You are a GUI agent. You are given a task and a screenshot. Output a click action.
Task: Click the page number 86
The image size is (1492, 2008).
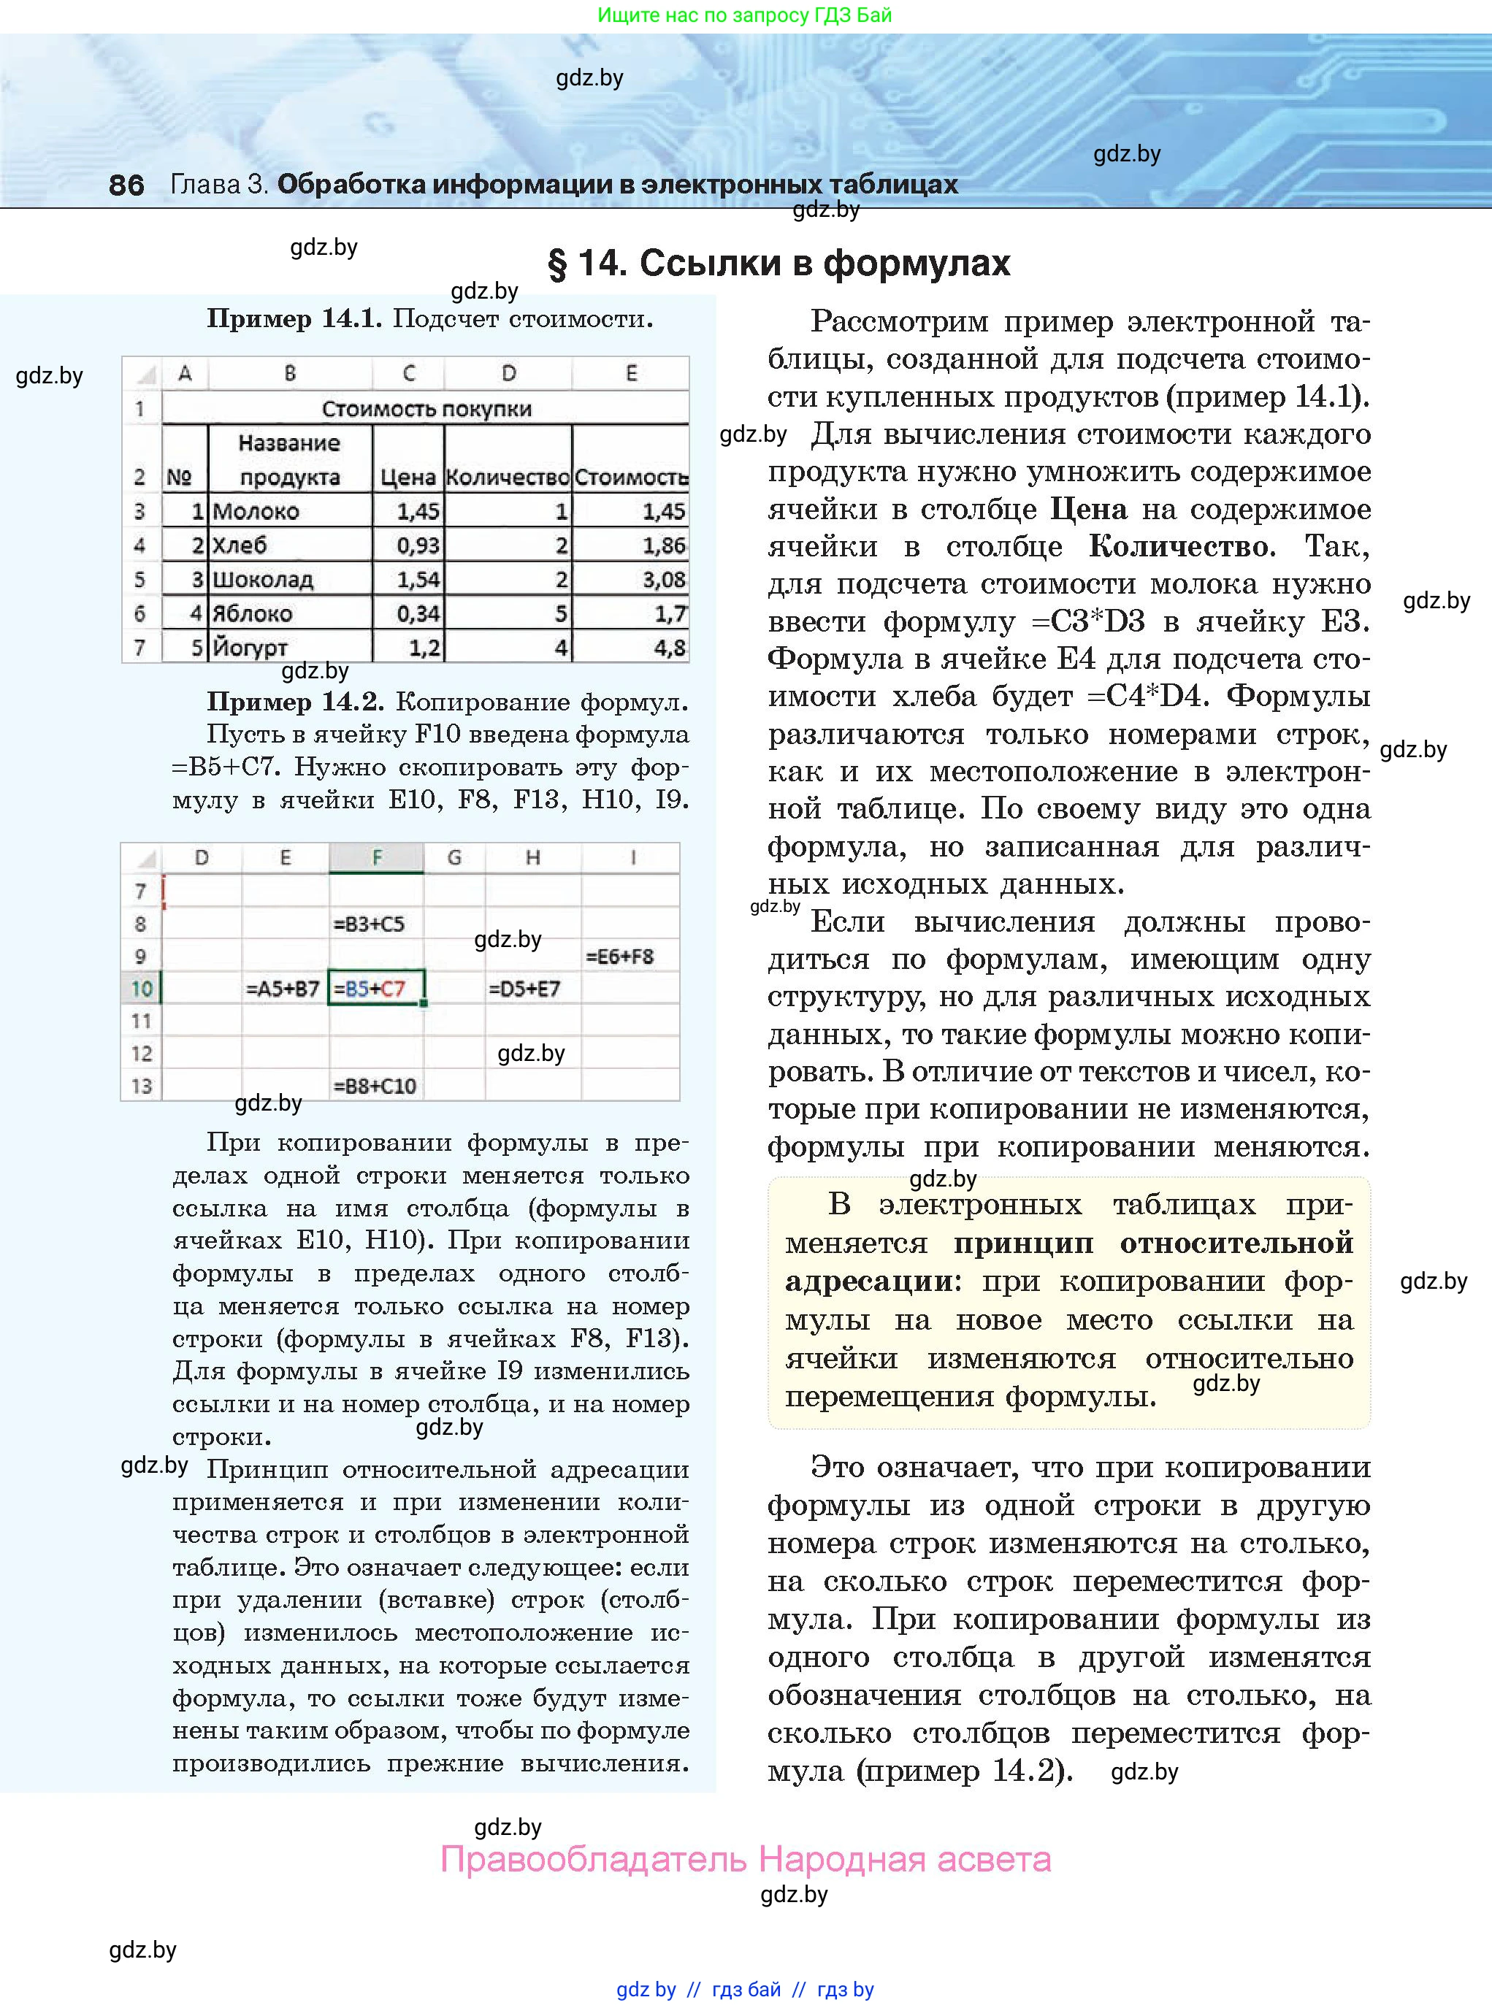tap(126, 184)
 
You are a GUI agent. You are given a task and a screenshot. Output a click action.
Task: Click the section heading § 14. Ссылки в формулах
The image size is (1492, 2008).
tap(778, 263)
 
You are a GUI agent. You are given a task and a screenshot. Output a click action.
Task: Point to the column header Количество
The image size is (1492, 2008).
tap(508, 477)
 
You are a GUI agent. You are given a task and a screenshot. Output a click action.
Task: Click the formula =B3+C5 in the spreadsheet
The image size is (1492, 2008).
tap(369, 924)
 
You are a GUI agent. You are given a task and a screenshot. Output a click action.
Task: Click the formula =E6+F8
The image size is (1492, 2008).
tap(619, 956)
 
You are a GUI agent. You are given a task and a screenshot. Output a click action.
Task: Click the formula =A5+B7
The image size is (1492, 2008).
tap(283, 989)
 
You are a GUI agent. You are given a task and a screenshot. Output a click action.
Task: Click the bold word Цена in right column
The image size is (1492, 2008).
tap(1088, 509)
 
